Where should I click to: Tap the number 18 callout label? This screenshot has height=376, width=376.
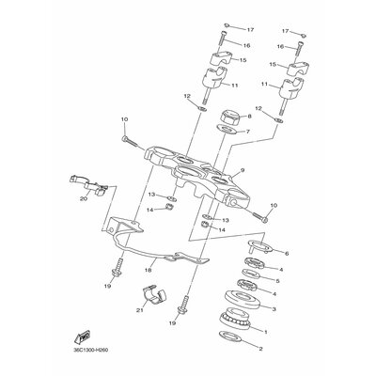coord(149,269)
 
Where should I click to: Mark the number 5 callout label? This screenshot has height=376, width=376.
coord(276,280)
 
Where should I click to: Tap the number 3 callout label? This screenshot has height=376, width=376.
coord(274,307)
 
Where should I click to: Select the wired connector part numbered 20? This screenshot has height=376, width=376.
coord(84,180)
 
